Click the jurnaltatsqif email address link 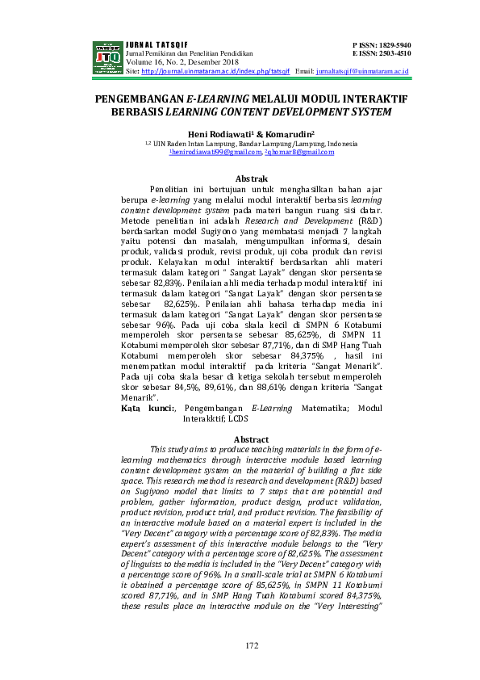point(363,72)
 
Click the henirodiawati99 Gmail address point(215,151)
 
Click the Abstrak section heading point(250,178)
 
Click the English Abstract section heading point(250,439)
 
